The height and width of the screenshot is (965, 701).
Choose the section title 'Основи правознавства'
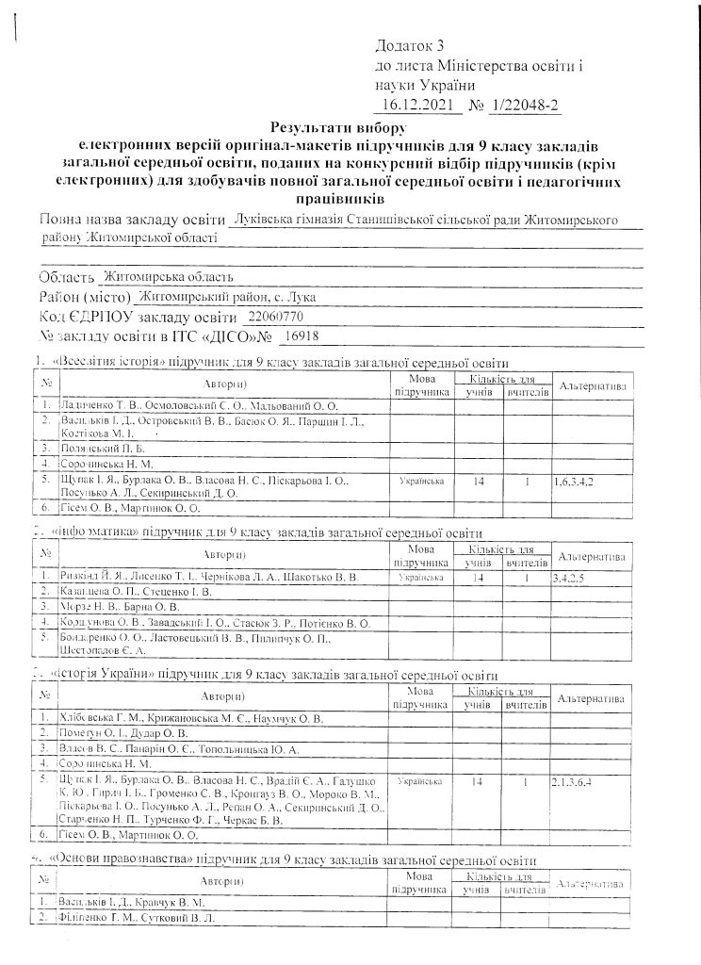(x=110, y=861)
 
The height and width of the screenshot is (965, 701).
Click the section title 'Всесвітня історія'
(x=105, y=362)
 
